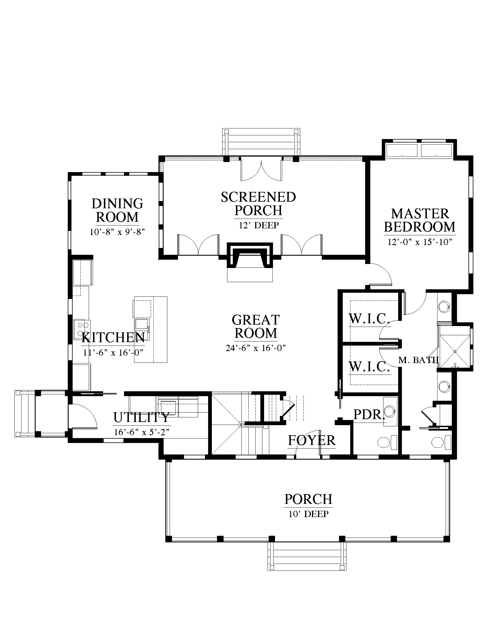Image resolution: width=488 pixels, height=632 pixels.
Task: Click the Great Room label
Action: pyautogui.click(x=255, y=326)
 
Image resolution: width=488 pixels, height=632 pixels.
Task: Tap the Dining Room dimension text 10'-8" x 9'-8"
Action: pyautogui.click(x=117, y=232)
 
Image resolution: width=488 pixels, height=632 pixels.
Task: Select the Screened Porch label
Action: pyautogui.click(x=258, y=204)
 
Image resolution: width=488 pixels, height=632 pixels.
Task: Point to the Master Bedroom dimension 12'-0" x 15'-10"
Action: pyautogui.click(x=420, y=242)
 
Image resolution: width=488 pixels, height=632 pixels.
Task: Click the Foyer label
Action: pyautogui.click(x=312, y=440)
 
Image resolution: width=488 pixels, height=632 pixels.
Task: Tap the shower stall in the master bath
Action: pyautogui.click(x=455, y=351)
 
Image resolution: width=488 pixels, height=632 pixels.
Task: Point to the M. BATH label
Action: pyautogui.click(x=418, y=360)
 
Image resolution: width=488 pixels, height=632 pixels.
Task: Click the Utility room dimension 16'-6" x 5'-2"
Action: pyautogui.click(x=142, y=432)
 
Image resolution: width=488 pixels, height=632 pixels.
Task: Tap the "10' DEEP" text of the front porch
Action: pyautogui.click(x=309, y=514)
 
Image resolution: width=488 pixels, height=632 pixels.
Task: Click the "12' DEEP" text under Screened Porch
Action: pyautogui.click(x=259, y=225)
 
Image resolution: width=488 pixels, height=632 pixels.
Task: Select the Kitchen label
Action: pyautogui.click(x=113, y=338)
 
